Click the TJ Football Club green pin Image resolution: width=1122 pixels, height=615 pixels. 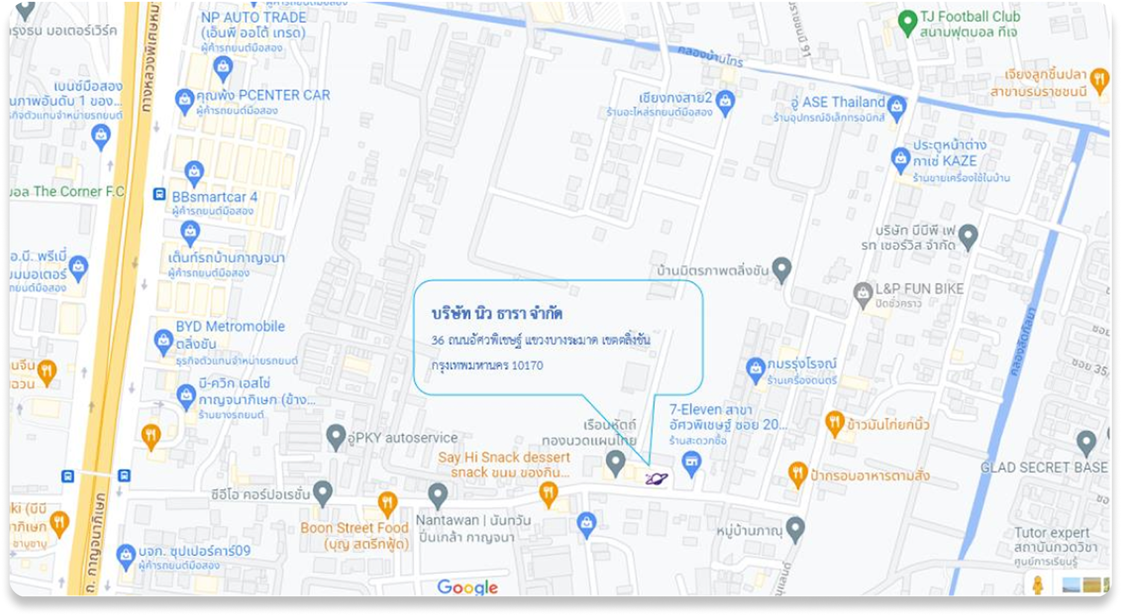pyautogui.click(x=907, y=23)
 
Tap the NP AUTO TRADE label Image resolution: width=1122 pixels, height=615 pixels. pyautogui.click(x=253, y=18)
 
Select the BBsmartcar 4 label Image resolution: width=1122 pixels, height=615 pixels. pyautogui.click(x=214, y=197)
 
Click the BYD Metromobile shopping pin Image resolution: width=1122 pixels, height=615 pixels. pyautogui.click(x=164, y=341)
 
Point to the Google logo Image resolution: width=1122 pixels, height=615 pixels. pyautogui.click(x=467, y=587)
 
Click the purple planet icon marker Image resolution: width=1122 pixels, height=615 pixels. pyautogui.click(x=656, y=479)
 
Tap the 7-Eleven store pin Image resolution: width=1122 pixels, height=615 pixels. pyautogui.click(x=692, y=463)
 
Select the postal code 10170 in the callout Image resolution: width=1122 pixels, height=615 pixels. pyautogui.click(x=527, y=366)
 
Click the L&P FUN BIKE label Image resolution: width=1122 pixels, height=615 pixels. pyautogui.click(x=919, y=289)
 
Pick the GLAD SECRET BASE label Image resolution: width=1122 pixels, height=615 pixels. pyautogui.click(x=1044, y=467)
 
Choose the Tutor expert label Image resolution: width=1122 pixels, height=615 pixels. pyautogui.click(x=1052, y=532)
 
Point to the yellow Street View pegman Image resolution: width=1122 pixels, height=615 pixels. pyautogui.click(x=1037, y=584)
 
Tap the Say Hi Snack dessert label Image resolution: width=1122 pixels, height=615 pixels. pyautogui.click(x=504, y=457)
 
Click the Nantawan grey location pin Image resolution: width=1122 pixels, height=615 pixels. pyautogui.click(x=438, y=496)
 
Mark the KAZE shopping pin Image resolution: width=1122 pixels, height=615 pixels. pyautogui.click(x=900, y=159)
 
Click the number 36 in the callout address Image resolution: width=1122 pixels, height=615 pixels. pyautogui.click(x=438, y=340)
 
